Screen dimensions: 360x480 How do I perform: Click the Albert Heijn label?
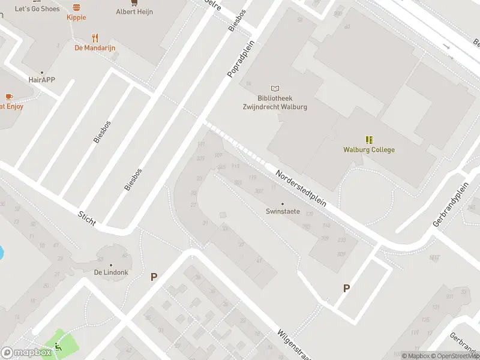tap(134, 11)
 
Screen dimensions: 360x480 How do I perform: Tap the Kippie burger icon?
tap(76, 7)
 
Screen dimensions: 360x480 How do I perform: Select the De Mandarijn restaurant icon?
tap(95, 37)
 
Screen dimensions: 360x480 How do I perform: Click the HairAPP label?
tap(42, 79)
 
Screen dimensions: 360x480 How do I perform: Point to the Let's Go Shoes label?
tap(37, 8)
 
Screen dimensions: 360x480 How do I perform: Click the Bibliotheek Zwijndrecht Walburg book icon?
tap(275, 88)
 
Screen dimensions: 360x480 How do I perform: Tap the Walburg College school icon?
tap(369, 139)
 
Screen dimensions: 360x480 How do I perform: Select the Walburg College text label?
tap(369, 150)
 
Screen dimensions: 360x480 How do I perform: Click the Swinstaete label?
tap(283, 211)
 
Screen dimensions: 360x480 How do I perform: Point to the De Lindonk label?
tap(111, 272)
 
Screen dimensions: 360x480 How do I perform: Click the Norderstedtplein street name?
tap(301, 188)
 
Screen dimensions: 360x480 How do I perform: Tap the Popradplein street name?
tap(241, 59)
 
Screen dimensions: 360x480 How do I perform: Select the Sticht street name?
tap(87, 218)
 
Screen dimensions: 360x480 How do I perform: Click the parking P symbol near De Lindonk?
tap(154, 277)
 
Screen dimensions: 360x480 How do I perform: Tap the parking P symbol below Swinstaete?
tap(346, 289)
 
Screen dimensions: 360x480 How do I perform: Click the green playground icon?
tap(58, 345)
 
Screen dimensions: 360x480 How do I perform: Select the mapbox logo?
tap(26, 353)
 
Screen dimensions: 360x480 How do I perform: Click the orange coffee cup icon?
tap(8, 97)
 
